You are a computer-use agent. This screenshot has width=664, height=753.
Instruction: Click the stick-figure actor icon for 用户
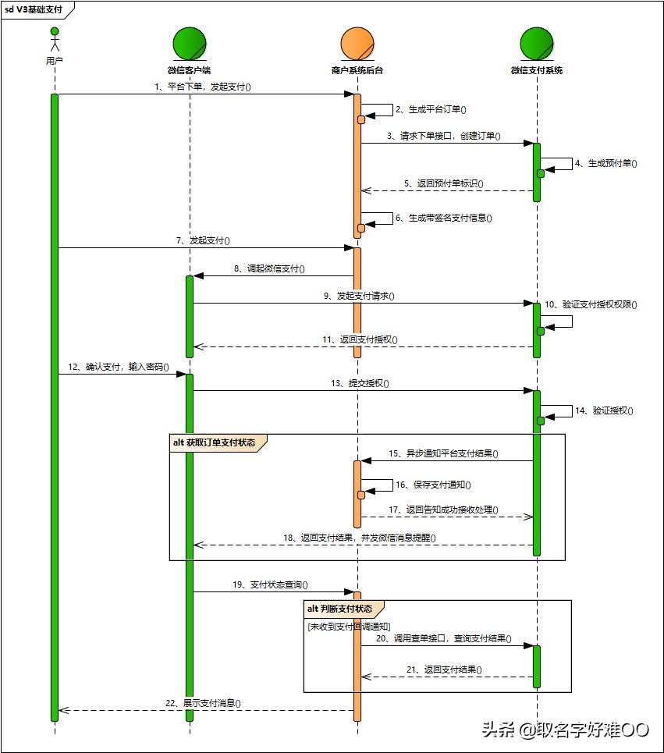[x=55, y=41]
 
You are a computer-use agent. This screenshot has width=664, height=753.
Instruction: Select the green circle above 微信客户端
[x=190, y=44]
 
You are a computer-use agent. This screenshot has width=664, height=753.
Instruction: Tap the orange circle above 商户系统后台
[x=357, y=44]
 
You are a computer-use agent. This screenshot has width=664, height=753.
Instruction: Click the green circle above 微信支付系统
[x=537, y=44]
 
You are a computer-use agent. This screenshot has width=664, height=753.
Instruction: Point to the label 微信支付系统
[x=537, y=70]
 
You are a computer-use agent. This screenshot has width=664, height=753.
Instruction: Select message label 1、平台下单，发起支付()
[x=203, y=87]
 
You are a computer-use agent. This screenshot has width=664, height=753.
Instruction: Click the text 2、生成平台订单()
[x=430, y=110]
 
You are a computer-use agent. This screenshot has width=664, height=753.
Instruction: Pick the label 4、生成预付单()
[x=606, y=163]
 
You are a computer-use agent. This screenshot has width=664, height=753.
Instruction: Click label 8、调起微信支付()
[x=269, y=268]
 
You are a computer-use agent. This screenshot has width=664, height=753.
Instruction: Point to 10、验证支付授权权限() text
[x=591, y=304]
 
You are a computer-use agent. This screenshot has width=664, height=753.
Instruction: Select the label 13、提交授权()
[x=360, y=383]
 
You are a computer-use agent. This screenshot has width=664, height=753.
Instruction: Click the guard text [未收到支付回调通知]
[x=349, y=627]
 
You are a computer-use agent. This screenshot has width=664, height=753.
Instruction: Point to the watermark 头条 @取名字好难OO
[x=565, y=730]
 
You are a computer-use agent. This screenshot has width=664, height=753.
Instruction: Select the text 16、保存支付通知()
[x=432, y=485]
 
